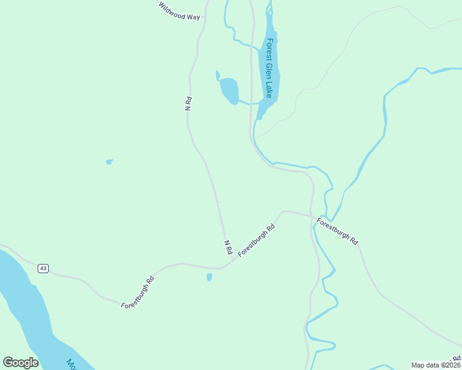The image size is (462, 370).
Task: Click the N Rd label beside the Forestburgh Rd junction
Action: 227,247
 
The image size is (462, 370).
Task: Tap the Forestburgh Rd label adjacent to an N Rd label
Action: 256,240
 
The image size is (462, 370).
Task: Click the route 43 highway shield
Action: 43,268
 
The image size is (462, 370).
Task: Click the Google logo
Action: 20,363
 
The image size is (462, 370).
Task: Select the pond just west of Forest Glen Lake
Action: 229,90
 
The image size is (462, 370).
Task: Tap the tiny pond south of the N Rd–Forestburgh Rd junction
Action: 209,277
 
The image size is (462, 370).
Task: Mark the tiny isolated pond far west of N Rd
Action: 109,162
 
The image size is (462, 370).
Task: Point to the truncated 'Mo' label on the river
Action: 71,364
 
